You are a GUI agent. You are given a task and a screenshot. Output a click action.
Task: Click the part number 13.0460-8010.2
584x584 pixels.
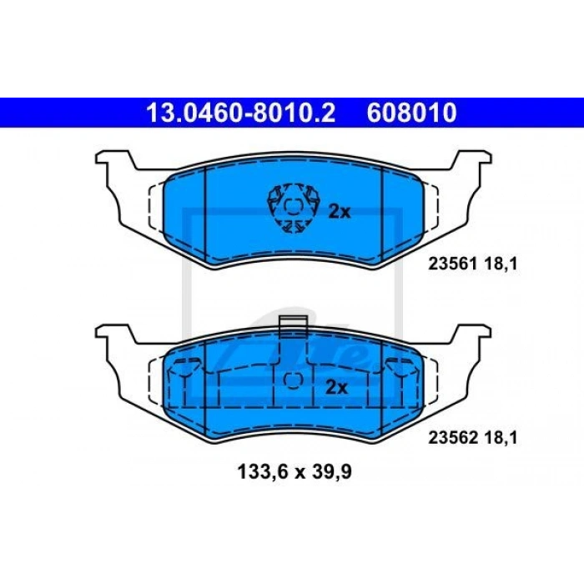[x=241, y=113]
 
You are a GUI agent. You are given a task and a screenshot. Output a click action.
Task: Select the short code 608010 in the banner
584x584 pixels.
[x=411, y=113]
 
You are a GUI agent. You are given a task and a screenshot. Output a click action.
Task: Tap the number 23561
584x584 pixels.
[x=453, y=264]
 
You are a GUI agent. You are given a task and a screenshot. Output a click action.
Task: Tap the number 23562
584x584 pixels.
[x=453, y=438]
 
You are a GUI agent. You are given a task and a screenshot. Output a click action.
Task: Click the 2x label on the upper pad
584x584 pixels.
[x=340, y=212]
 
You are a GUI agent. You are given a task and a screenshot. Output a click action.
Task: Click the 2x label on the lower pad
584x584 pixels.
[x=336, y=388]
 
